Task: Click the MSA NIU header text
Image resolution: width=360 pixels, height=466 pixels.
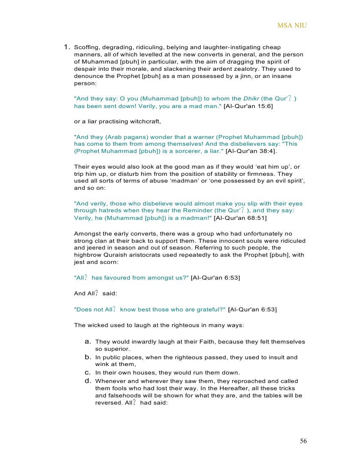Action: [x=292, y=25]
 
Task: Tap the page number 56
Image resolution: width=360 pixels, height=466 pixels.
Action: [x=303, y=441]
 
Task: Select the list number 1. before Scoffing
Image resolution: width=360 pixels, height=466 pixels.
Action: [x=67, y=47]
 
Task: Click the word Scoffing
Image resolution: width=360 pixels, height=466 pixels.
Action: [x=86, y=47]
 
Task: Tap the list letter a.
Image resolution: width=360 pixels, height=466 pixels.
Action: [x=88, y=341]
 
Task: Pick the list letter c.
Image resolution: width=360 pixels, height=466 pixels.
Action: [x=88, y=373]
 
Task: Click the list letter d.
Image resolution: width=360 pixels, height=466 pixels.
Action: [x=88, y=381]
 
